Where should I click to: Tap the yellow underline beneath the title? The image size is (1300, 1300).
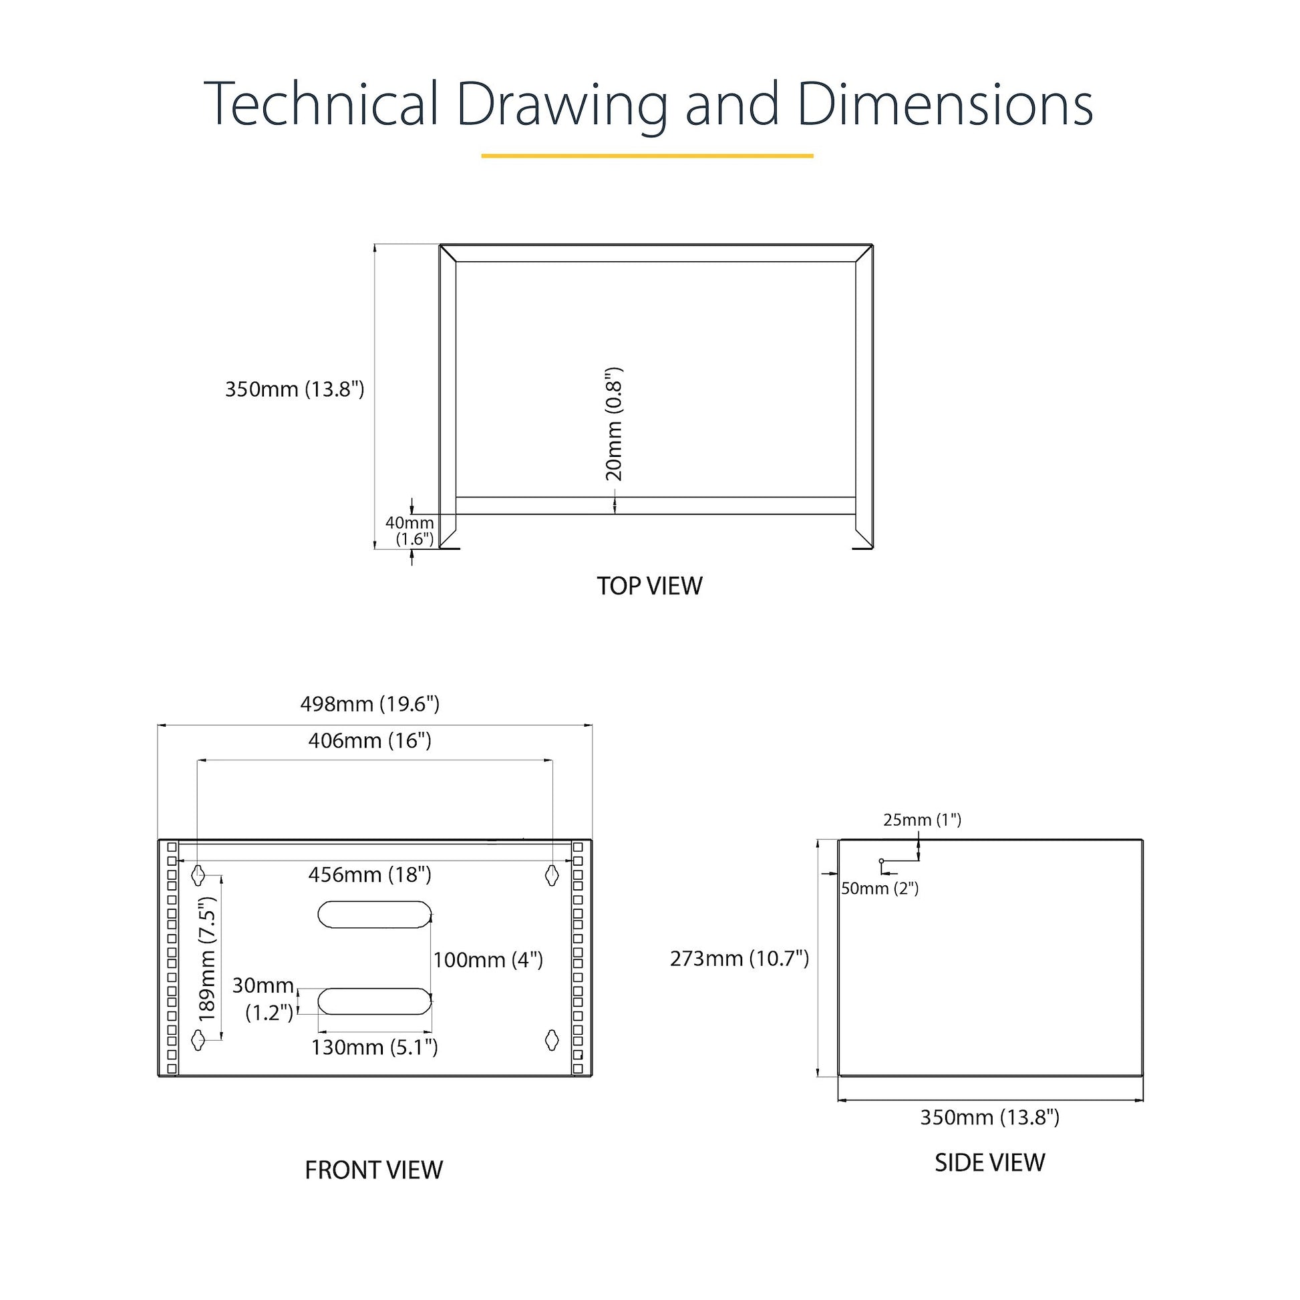(647, 156)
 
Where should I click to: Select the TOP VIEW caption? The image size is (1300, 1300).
(649, 585)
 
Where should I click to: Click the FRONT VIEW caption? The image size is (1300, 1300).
(374, 1170)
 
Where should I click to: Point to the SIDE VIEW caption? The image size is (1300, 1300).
(990, 1163)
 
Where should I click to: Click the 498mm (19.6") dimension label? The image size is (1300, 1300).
(369, 704)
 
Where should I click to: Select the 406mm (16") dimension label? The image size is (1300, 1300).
(369, 741)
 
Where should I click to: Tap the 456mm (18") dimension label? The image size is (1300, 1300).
(369, 874)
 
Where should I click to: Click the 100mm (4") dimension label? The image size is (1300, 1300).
(488, 959)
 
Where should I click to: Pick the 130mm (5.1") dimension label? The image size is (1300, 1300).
(374, 1047)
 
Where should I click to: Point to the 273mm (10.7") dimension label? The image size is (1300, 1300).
(740, 958)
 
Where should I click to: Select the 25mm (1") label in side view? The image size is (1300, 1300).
(922, 820)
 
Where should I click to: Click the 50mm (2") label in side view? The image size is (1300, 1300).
(879, 889)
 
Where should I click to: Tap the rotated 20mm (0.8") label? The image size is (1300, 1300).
(615, 425)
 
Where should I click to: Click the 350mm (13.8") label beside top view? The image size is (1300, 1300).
(295, 389)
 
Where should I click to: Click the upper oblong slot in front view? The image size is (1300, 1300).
(374, 915)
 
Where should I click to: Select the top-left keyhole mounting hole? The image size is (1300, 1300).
(198, 875)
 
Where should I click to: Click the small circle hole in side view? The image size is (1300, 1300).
(881, 861)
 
